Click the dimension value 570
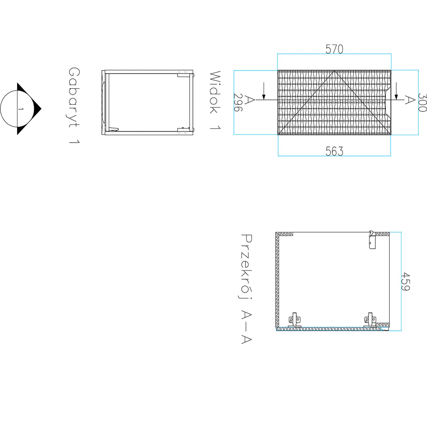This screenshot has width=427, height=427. [x=334, y=49]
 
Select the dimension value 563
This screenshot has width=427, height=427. [x=334, y=151]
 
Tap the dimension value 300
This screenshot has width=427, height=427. [x=422, y=102]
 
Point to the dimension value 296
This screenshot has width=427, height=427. [x=238, y=102]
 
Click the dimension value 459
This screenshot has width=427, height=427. [x=405, y=281]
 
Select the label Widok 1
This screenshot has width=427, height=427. [x=215, y=100]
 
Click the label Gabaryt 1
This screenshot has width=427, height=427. [x=74, y=106]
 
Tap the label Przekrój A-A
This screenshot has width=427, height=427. [x=247, y=289]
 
